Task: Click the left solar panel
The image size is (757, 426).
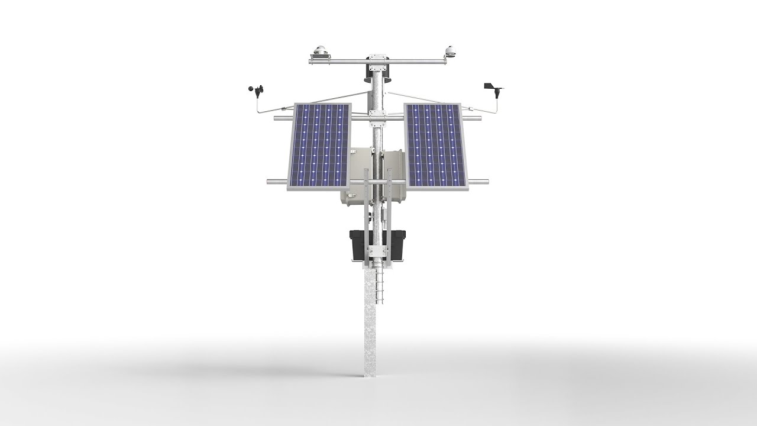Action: pyautogui.click(x=319, y=145)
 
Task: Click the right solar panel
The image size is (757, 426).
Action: pyautogui.click(x=435, y=145)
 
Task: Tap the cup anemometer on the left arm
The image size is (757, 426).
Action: pyautogui.click(x=256, y=90)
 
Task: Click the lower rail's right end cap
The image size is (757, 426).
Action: pyautogui.click(x=486, y=181)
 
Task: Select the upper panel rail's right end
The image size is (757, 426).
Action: pyautogui.click(x=479, y=118)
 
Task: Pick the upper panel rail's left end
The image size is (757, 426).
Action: pyautogui.click(x=277, y=118)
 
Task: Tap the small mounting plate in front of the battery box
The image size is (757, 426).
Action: pyautogui.click(x=377, y=251)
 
